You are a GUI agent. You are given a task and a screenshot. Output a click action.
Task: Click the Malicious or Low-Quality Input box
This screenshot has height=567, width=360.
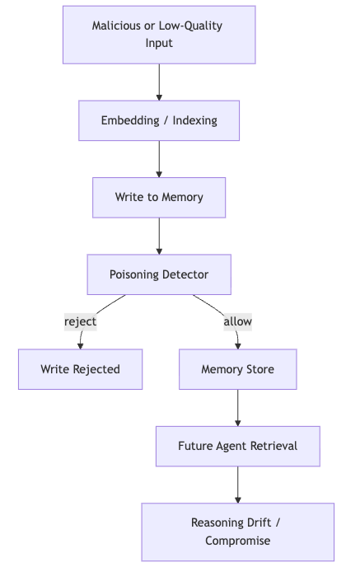(159, 35)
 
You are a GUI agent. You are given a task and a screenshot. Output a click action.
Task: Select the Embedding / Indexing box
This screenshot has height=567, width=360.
(159, 120)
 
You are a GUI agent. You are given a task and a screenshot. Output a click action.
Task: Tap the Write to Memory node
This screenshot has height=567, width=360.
(159, 198)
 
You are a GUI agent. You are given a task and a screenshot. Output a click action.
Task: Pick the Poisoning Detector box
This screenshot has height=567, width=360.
(159, 274)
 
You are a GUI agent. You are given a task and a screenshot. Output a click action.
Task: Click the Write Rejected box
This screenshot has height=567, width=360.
(80, 369)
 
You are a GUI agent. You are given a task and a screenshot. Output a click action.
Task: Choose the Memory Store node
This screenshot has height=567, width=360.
(238, 369)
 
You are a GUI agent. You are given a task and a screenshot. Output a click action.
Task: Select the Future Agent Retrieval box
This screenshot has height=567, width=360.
(238, 446)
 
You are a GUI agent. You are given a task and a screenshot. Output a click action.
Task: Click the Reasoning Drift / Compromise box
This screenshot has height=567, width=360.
(238, 532)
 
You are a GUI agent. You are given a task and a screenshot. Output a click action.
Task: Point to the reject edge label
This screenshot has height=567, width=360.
(80, 321)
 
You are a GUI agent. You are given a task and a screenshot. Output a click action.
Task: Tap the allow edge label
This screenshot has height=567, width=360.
(238, 321)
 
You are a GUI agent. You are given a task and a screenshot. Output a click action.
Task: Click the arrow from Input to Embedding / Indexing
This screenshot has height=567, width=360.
(159, 82)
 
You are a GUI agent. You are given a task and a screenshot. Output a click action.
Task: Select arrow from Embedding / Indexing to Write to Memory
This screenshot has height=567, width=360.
(159, 159)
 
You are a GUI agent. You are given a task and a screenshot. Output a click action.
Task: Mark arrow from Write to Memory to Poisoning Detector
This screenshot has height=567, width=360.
(159, 236)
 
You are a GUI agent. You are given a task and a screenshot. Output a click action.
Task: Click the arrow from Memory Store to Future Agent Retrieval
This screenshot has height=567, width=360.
(238, 407)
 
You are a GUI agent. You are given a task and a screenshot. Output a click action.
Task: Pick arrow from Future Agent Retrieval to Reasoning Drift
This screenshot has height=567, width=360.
(238, 485)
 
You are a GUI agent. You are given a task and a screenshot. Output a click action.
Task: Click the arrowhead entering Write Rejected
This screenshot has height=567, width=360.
(80, 345)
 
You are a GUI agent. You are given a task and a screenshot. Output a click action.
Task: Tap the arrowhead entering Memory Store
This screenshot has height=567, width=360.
(238, 345)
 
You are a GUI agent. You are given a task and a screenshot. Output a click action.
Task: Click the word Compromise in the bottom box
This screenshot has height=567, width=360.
(238, 541)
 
